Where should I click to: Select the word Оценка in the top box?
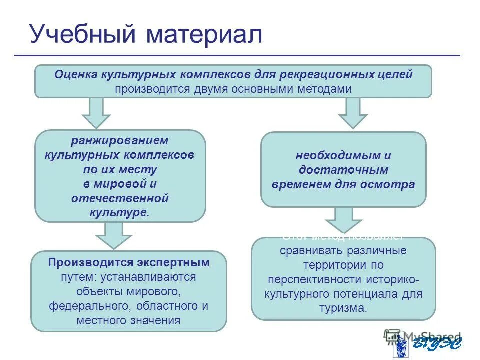click(76, 75)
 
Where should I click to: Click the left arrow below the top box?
click(96, 112)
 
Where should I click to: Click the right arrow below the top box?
click(353, 112)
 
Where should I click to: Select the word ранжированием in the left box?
click(120, 140)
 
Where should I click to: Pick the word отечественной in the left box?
click(120, 198)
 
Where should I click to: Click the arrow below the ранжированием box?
click(114, 235)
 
